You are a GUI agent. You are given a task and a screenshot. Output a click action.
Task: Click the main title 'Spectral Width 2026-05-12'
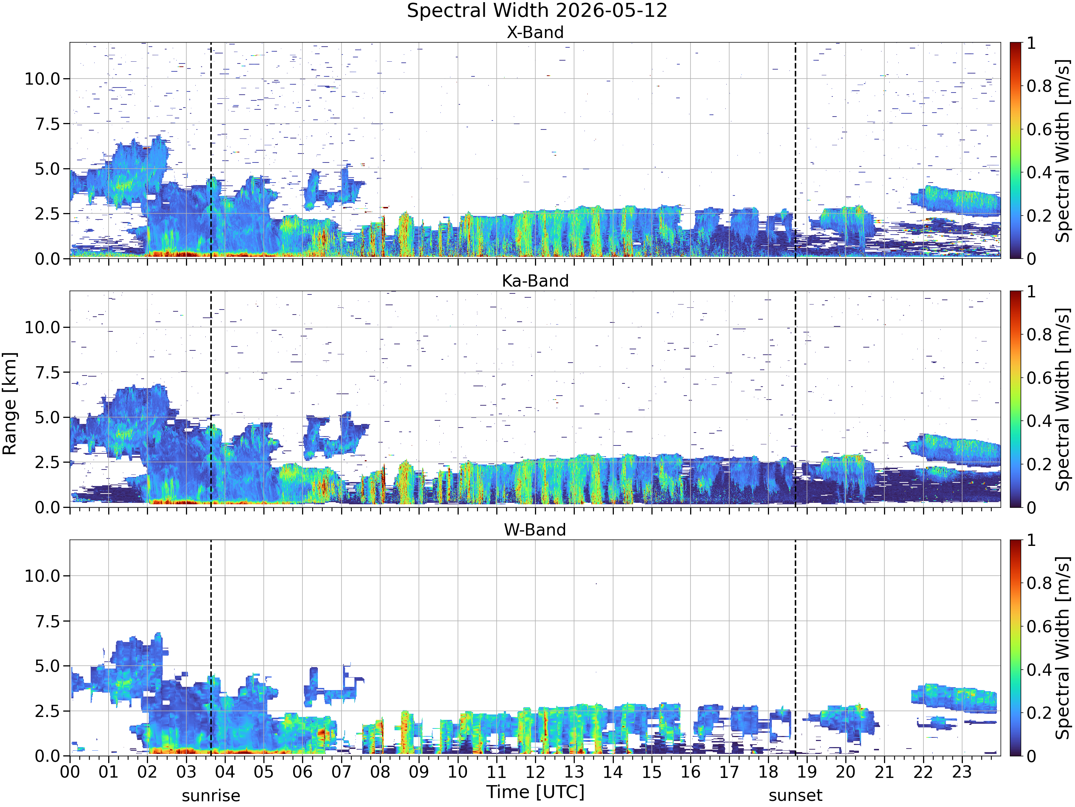[537, 11]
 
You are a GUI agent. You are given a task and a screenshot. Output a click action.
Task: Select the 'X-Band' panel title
[535, 32]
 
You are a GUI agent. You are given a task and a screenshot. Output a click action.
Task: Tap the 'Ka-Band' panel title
[535, 281]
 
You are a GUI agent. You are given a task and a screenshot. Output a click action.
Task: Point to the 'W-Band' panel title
[535, 529]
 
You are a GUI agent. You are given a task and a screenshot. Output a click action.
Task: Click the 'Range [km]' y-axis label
[10, 404]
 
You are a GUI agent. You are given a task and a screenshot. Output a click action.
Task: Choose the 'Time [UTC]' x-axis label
[535, 792]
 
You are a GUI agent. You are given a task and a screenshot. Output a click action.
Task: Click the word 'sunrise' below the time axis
[211, 796]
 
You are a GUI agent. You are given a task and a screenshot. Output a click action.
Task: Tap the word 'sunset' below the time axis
[795, 796]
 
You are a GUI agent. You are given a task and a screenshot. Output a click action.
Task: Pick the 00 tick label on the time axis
[70, 771]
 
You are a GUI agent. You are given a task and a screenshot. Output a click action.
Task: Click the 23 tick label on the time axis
[962, 771]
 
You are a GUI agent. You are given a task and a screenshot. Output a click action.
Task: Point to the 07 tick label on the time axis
[341, 771]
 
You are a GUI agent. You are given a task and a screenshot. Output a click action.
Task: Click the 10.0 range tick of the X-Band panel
[42, 79]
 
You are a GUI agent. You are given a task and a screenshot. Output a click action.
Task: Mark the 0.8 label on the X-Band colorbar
[1039, 86]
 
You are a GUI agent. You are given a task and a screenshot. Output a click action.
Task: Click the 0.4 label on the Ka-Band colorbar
[1039, 421]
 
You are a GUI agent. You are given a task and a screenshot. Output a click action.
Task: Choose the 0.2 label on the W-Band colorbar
[1039, 713]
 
